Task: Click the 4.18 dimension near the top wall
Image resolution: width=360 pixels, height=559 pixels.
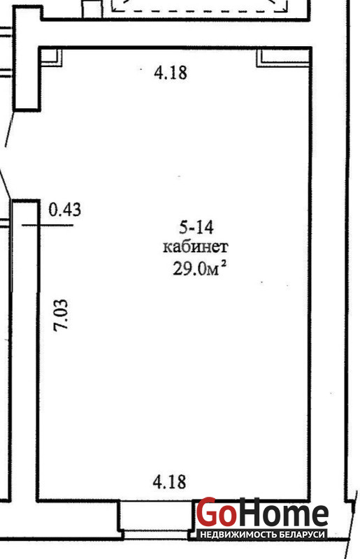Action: (x=170, y=73)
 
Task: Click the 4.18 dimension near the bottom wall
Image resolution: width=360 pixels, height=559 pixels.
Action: (x=169, y=481)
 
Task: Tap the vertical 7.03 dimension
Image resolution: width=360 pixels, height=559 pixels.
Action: (x=60, y=315)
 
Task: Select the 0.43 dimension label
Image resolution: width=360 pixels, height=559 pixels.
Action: (x=64, y=209)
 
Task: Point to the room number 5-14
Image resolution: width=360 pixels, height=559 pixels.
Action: (x=196, y=228)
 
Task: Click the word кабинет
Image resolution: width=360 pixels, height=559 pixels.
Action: (x=196, y=247)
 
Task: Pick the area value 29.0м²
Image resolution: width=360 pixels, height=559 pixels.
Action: (x=199, y=268)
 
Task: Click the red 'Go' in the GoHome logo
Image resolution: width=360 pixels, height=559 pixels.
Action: (x=217, y=511)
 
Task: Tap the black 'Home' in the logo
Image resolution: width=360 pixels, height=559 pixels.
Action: (x=282, y=513)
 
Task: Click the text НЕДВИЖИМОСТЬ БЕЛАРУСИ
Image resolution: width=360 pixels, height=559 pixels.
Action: (x=263, y=535)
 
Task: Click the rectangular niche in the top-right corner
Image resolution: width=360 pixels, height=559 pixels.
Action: (x=283, y=58)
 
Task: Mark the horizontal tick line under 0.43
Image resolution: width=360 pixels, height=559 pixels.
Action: (x=48, y=225)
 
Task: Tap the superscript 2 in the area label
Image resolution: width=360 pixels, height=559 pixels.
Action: (x=224, y=264)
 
